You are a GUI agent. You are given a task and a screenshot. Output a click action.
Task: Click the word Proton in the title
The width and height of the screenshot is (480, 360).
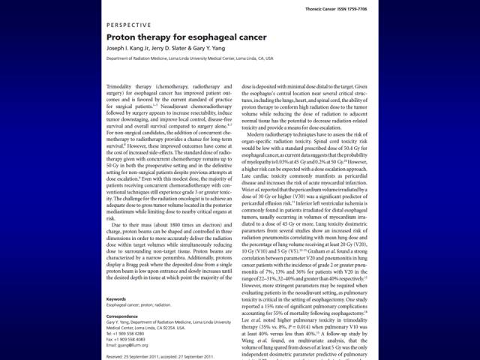(121, 36)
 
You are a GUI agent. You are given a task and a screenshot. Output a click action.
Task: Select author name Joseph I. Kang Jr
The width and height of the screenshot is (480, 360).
(133, 48)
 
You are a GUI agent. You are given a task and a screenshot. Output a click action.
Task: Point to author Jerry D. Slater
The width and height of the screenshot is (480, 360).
(181, 48)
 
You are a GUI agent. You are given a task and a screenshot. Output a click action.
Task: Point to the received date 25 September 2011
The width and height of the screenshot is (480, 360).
(138, 356)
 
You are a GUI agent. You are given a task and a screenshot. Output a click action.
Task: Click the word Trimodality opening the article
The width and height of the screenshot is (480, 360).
(121, 88)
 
